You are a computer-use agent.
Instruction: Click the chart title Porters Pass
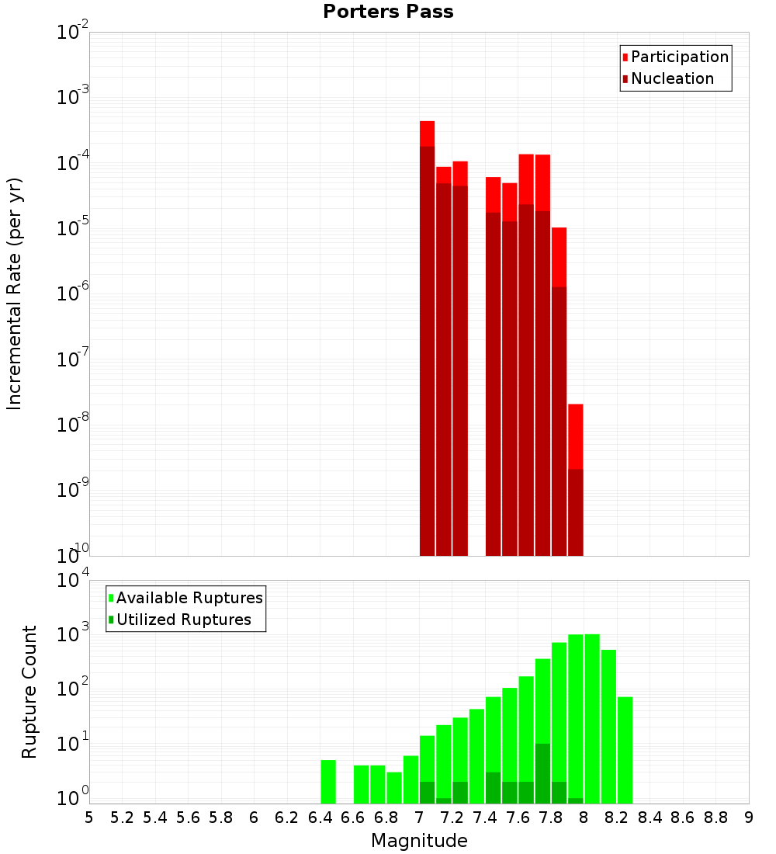388,12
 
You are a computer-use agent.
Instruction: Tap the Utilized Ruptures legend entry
183,620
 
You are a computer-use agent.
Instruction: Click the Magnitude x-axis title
419,841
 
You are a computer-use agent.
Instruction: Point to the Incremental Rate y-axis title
15,293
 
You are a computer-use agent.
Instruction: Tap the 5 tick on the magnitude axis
89,818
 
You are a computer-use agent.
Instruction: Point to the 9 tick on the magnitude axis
749,818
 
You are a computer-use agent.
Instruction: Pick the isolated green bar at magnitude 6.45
328,782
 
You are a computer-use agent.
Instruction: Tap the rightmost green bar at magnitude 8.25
625,750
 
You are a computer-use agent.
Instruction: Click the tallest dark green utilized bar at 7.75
542,773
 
